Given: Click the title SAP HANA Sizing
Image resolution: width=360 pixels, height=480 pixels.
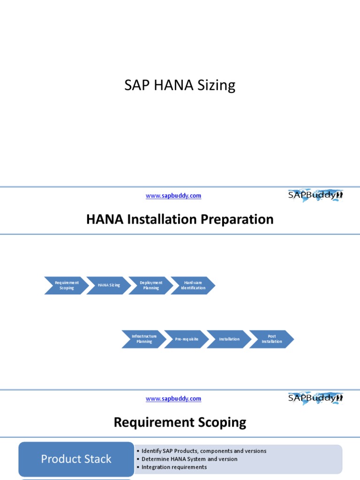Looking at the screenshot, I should tap(180, 85).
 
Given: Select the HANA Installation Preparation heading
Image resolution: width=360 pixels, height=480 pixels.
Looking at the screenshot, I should tap(180, 219).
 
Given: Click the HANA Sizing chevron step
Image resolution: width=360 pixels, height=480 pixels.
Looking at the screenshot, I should tap(109, 285).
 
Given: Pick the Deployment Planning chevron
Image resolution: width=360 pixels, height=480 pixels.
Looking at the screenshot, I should tap(151, 285).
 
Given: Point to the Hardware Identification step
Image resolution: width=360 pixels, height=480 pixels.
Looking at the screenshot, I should tap(193, 285).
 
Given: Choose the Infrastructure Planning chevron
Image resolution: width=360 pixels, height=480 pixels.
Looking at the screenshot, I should tap(144, 339).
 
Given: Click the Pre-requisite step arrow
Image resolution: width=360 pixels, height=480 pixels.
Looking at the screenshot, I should tap(187, 339).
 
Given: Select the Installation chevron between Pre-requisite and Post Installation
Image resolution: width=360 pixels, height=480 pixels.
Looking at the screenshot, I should tap(229, 339).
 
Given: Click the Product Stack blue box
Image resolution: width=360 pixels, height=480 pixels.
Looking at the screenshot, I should tap(76, 459).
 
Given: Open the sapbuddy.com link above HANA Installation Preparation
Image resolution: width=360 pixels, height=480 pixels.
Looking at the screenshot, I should tap(173, 196).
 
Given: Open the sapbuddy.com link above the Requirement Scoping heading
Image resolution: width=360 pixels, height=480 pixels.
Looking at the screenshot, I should tap(173, 399).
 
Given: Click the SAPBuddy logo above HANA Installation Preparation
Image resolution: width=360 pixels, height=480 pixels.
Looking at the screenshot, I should tap(315, 195).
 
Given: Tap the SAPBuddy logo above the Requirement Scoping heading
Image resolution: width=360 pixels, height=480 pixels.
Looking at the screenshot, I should tap(315, 398).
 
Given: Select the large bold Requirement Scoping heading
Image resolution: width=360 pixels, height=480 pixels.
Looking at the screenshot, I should tap(180, 422).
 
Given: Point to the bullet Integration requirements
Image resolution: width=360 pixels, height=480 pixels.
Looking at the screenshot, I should tap(174, 467).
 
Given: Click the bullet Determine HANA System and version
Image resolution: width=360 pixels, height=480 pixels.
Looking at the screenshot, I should tap(189, 459).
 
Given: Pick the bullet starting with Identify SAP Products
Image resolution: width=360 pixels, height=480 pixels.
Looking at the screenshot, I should tap(204, 451).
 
